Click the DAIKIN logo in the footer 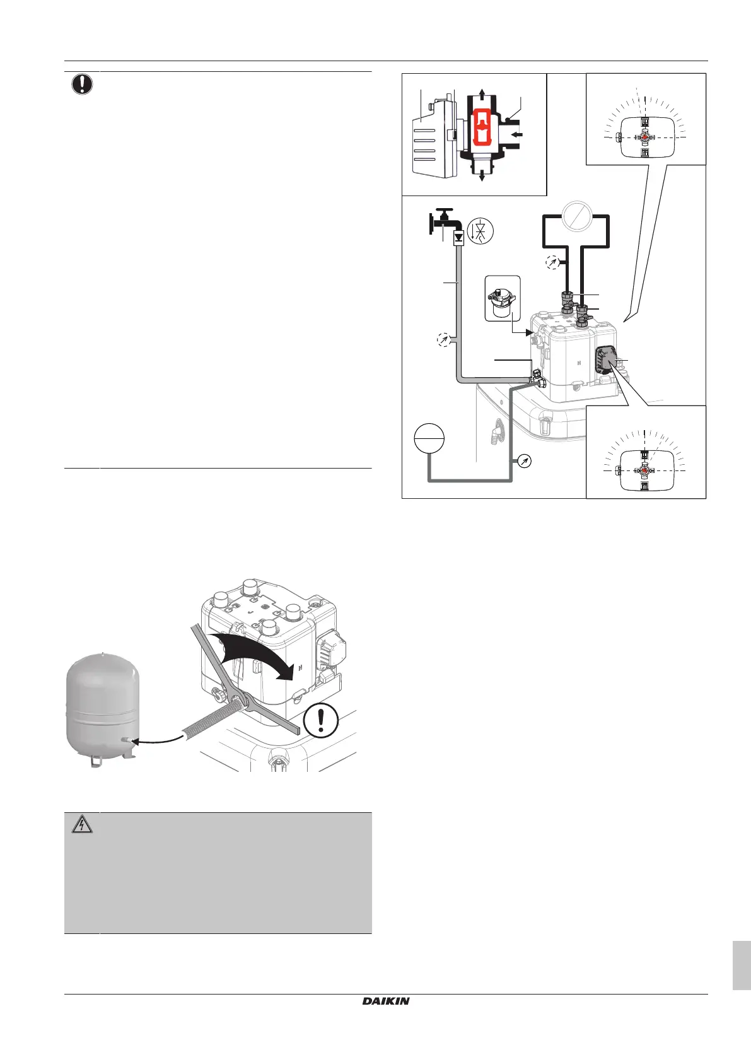tap(386, 1001)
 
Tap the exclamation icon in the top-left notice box tap(82, 84)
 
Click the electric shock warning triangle tap(82, 824)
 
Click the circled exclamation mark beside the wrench tap(321, 720)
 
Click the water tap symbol tap(445, 221)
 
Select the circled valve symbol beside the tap tap(480, 231)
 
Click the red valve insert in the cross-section tap(482, 126)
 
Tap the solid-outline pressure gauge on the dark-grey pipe tap(523, 461)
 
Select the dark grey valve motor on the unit tap(607, 361)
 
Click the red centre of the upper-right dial tap(644, 137)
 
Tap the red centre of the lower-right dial tap(644, 470)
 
